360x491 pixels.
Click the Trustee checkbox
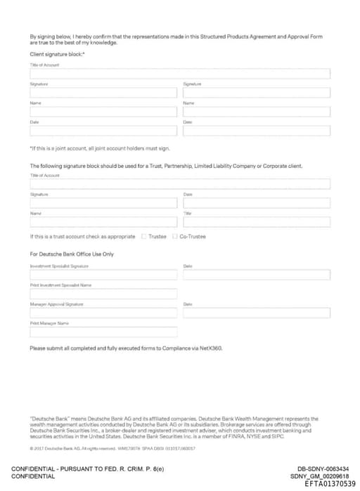(x=143, y=236)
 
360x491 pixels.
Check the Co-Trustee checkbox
(x=175, y=236)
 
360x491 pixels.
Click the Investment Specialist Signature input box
(x=103, y=275)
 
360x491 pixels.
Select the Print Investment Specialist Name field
(x=103, y=294)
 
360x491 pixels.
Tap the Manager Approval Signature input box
(x=103, y=313)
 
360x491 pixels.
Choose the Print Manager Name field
(x=103, y=332)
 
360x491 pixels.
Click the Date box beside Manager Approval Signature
(x=256, y=313)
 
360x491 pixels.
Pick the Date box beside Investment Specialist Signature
(x=256, y=275)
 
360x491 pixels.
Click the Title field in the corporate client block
(x=256, y=222)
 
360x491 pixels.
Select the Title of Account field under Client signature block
(x=180, y=74)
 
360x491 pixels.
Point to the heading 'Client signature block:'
(x=57, y=54)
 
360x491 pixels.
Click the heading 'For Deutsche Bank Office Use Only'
(x=71, y=254)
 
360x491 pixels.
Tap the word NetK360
(x=211, y=348)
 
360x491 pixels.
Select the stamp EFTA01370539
(x=330, y=484)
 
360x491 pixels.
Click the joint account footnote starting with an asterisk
(x=99, y=148)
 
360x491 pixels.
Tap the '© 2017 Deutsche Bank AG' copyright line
(x=112, y=448)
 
